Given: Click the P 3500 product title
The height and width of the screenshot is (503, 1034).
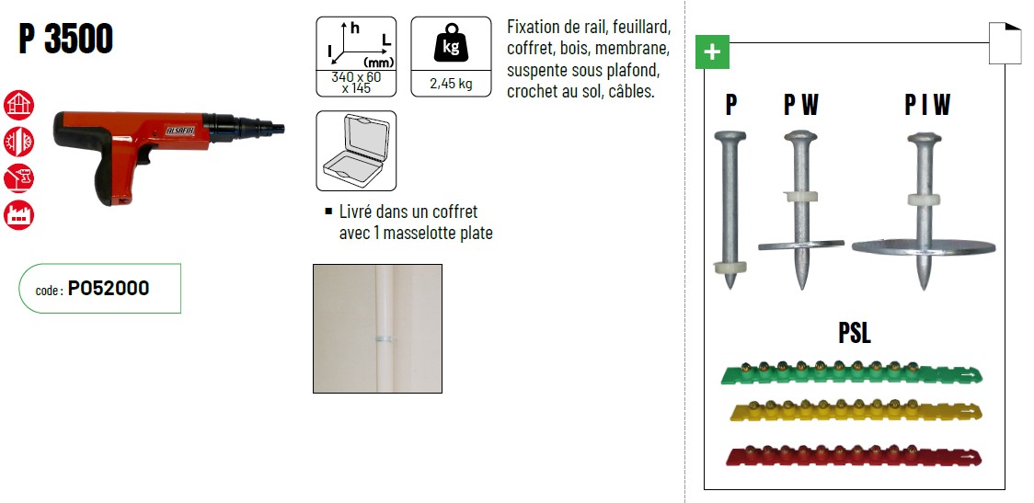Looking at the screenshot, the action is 66,39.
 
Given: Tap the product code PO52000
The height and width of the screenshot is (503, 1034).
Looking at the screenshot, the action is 109,288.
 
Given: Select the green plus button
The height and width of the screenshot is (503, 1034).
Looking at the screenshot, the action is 712,52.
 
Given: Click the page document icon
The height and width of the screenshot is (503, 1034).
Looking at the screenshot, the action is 1005,43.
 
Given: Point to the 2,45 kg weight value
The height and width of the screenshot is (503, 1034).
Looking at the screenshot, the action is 451,84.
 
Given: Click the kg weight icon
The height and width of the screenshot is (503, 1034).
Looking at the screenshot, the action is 451,42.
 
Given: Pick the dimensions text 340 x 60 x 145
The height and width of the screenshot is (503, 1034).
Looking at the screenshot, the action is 356,83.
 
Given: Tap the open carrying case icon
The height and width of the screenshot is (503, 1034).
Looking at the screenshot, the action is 356,151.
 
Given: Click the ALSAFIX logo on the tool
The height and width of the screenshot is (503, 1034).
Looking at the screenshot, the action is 180,131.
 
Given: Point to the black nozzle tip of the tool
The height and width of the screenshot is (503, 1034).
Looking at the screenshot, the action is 278,127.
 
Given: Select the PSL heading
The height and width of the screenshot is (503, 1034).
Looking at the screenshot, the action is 854,333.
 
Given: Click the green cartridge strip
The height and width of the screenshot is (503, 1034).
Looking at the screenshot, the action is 852,373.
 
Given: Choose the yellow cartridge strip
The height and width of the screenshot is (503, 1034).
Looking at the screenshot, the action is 856,411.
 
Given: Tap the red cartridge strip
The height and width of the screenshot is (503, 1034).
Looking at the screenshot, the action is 854,455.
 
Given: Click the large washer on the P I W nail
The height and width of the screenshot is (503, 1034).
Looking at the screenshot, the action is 924,247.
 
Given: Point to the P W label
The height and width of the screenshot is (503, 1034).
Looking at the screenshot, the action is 800,105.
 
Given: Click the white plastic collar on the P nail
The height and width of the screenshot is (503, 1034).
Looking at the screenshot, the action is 730,267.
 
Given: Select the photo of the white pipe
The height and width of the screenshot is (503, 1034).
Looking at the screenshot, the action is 377,328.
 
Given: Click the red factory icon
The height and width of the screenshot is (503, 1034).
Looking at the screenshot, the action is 18,215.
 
